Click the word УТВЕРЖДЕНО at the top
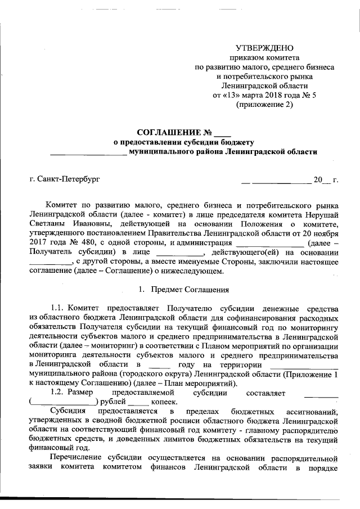(x=264, y=47)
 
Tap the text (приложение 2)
(x=264, y=105)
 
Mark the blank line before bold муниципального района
(x=88, y=152)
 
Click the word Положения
(x=243, y=224)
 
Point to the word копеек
(x=164, y=401)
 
